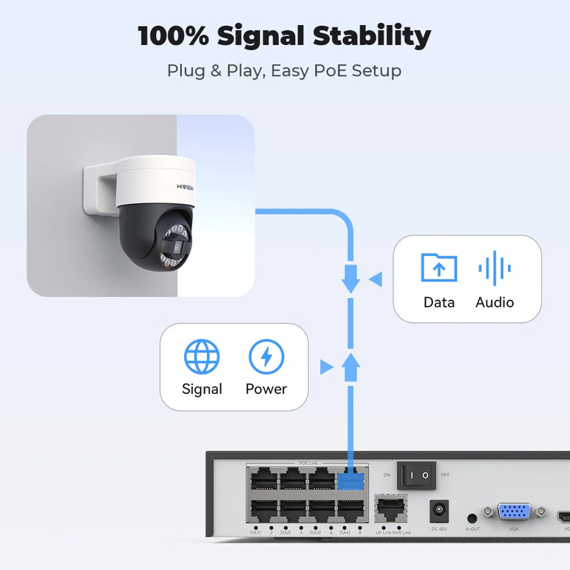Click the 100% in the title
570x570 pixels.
(x=172, y=36)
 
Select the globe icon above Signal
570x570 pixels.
(x=202, y=357)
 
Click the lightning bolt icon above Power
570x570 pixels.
(x=266, y=357)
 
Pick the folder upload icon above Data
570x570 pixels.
(x=438, y=268)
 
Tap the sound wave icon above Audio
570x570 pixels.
(x=495, y=268)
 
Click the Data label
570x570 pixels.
(x=439, y=302)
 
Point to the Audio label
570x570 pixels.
(x=495, y=302)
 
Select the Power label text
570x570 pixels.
(x=266, y=389)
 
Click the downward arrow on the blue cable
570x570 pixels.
(x=351, y=279)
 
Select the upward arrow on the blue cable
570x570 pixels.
(x=351, y=365)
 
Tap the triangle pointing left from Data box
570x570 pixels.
(x=376, y=279)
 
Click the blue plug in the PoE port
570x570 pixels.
(x=352, y=480)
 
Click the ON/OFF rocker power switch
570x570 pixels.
(x=416, y=475)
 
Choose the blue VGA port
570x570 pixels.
(x=514, y=512)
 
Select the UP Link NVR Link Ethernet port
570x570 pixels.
(x=392, y=509)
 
